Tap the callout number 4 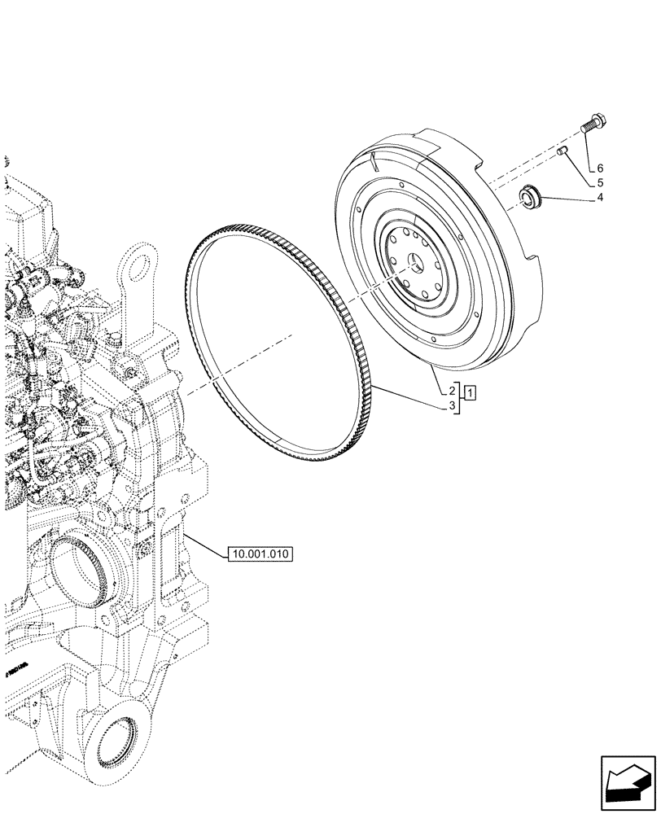click(600, 198)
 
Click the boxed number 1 click(472, 392)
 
